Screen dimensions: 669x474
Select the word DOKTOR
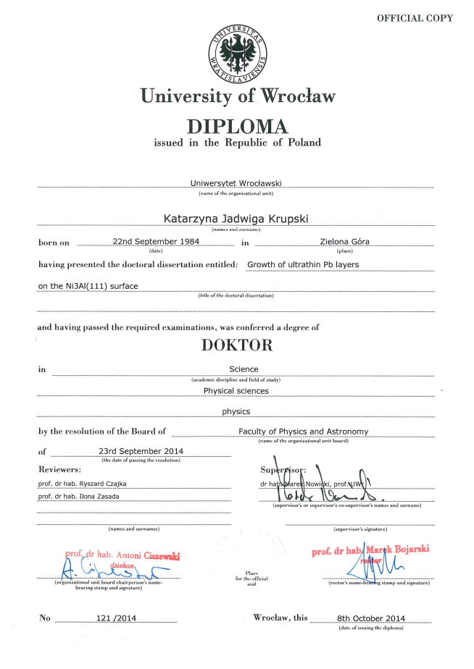(237, 345)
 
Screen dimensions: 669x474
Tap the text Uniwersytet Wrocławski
(237, 184)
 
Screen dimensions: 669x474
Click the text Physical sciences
(236, 390)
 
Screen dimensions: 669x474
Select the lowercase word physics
(236, 411)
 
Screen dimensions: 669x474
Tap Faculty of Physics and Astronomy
(304, 432)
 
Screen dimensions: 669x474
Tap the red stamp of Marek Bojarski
(370, 551)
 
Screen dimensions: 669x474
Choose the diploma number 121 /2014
(116, 619)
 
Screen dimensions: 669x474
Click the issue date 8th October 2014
(372, 619)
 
